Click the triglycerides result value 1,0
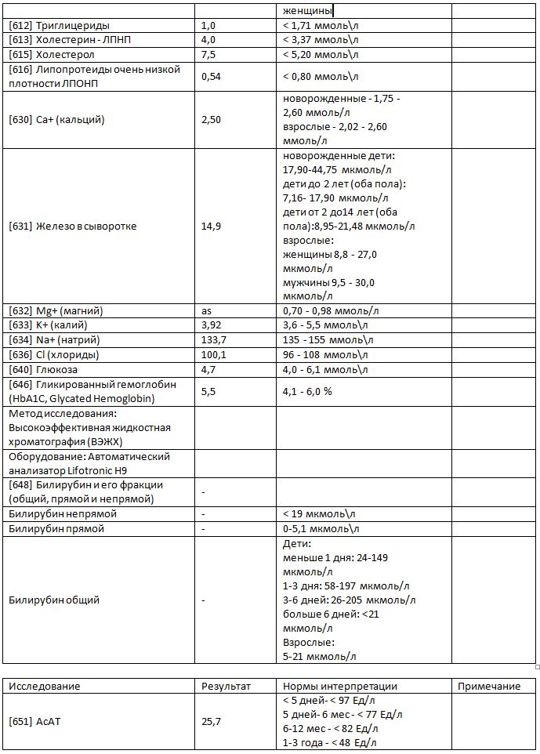pos(208,26)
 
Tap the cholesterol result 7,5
pos(208,55)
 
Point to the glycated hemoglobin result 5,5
pos(208,391)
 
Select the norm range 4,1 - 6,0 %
pos(307,391)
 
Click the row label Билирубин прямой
pos(56,529)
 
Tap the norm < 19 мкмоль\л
pos(319,514)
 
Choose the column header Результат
pos(226,687)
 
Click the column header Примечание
pos(490,687)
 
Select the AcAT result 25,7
pos(212,722)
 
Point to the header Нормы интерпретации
pos(339,687)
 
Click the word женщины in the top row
pos(306,11)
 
